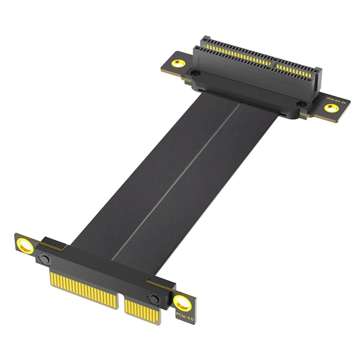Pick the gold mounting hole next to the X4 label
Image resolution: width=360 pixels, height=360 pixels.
coord(332,108)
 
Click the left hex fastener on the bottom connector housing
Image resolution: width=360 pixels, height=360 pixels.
coord(44,259)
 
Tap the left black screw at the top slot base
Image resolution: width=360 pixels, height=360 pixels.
coord(194,72)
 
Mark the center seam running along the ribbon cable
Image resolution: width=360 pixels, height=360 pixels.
coord(175,180)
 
